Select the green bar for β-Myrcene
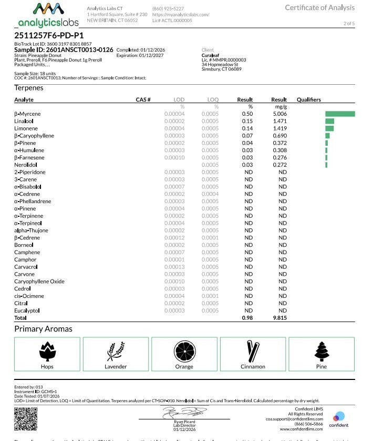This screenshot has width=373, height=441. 340,114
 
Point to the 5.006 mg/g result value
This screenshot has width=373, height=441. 279,114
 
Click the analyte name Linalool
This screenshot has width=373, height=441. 24,121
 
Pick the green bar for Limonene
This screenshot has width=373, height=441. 329,128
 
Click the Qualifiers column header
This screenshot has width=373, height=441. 308,99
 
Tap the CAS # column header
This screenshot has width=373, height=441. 143,99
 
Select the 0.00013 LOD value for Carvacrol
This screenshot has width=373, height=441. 174,267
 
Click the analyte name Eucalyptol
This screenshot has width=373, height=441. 27,311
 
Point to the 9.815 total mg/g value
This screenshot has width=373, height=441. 279,318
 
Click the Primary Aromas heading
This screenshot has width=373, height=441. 43,329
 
